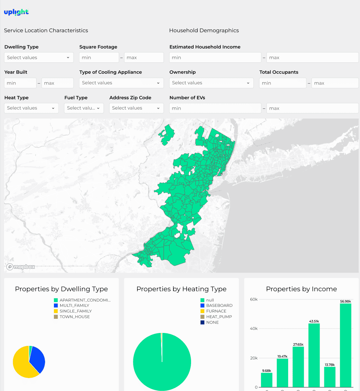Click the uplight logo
point(16,12)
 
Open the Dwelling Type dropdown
point(39,57)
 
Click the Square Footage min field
point(99,57)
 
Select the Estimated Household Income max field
point(312,57)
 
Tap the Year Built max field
point(57,83)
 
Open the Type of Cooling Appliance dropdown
point(121,83)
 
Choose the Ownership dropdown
point(211,83)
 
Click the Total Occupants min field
point(283,83)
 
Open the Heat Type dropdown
point(32,108)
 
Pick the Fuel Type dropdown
point(84,108)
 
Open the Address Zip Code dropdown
point(136,108)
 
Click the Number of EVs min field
point(215,108)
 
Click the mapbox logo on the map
point(21,267)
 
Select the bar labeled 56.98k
point(345,345)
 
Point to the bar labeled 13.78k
point(330,377)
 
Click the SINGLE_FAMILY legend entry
point(73,311)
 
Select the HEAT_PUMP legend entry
point(216,317)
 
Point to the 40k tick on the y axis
point(253,329)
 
